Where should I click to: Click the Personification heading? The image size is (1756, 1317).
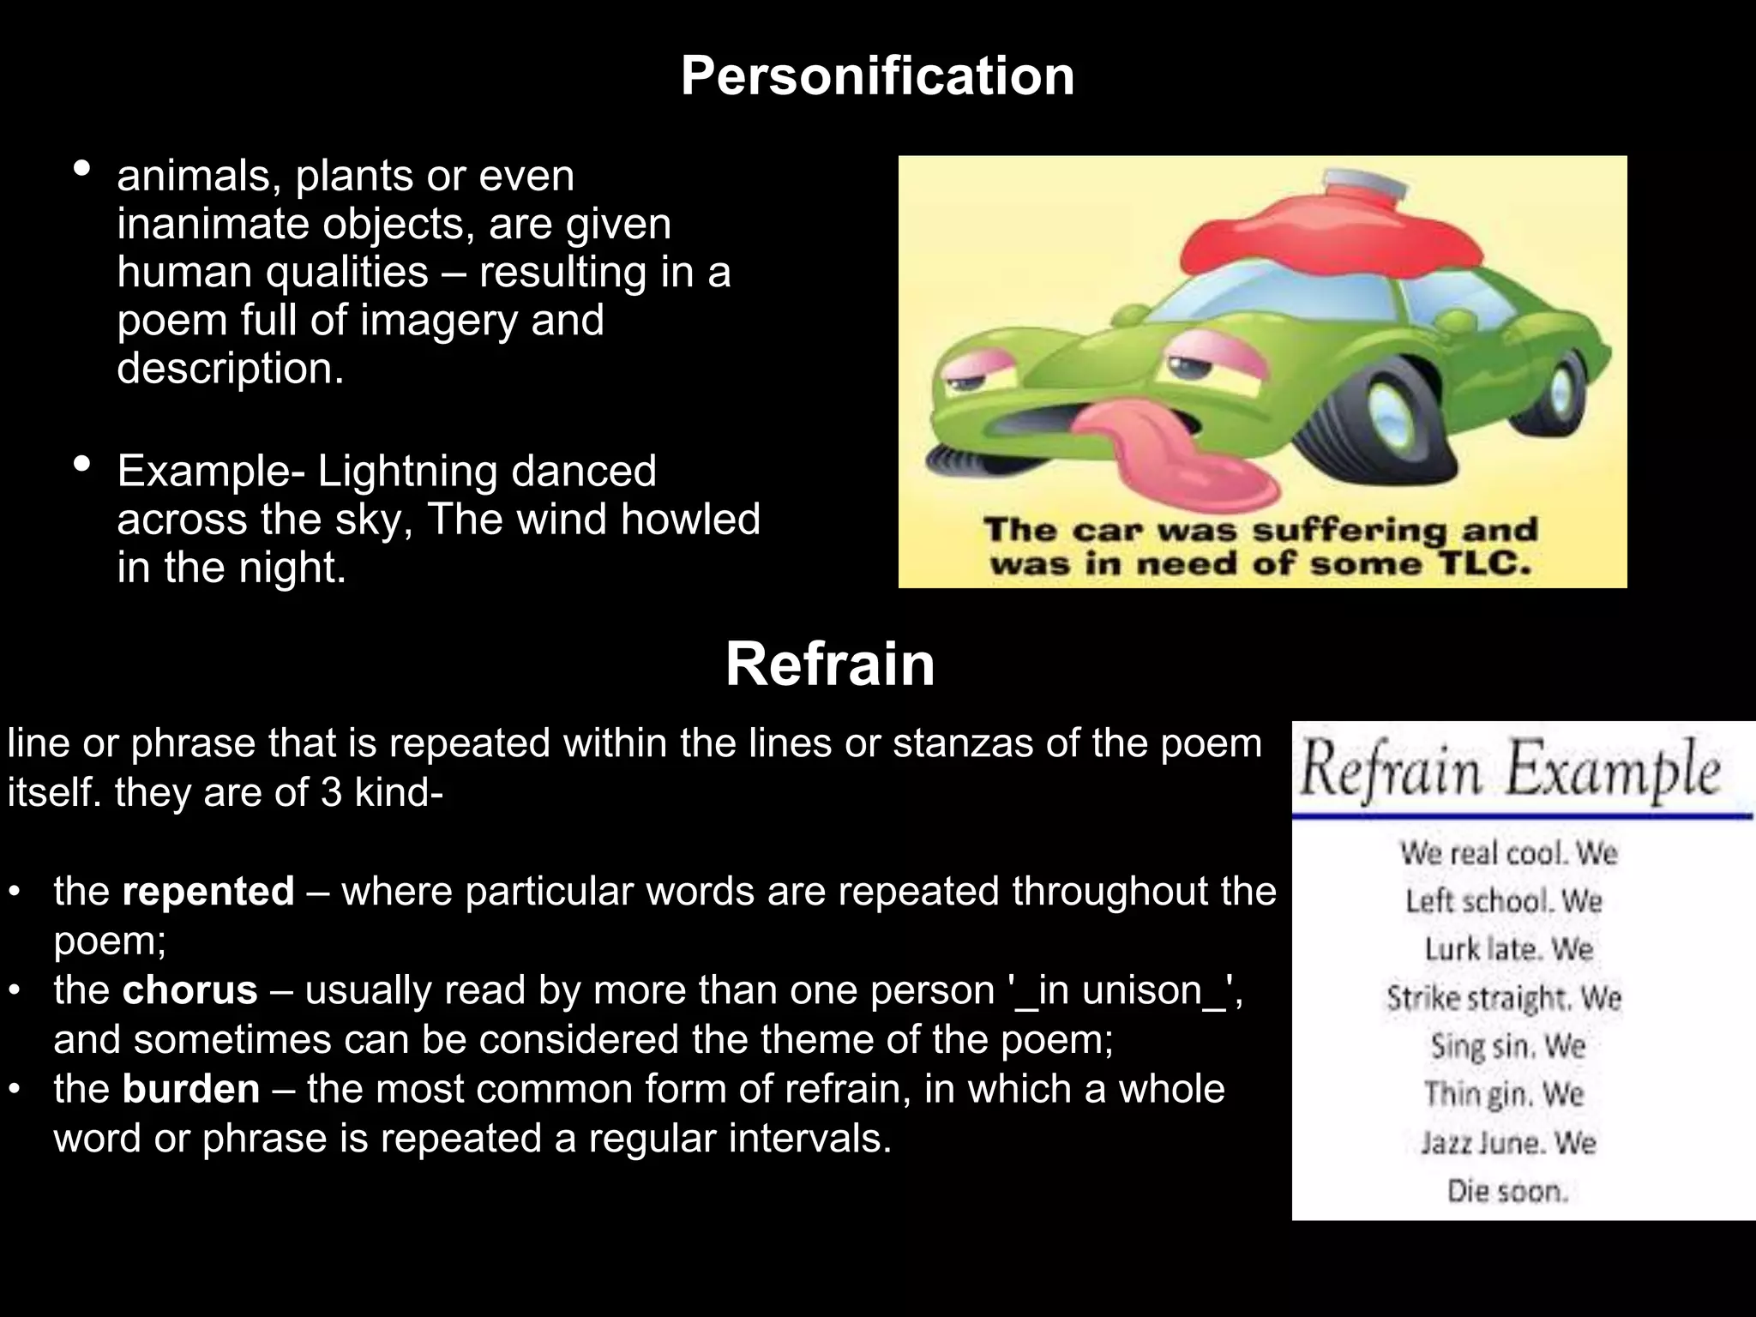(877, 76)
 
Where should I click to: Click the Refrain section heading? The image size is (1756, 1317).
(829, 665)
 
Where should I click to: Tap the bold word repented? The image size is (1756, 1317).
(208, 892)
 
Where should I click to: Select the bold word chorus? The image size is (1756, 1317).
(189, 990)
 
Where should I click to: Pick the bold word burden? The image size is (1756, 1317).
(190, 1089)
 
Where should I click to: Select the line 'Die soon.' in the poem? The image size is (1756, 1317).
(1507, 1191)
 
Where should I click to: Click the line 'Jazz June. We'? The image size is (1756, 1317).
(1507, 1143)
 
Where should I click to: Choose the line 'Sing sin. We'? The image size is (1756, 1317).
(1507, 1046)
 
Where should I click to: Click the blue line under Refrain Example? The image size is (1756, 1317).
(1522, 816)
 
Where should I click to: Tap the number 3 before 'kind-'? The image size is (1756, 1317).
(332, 792)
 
